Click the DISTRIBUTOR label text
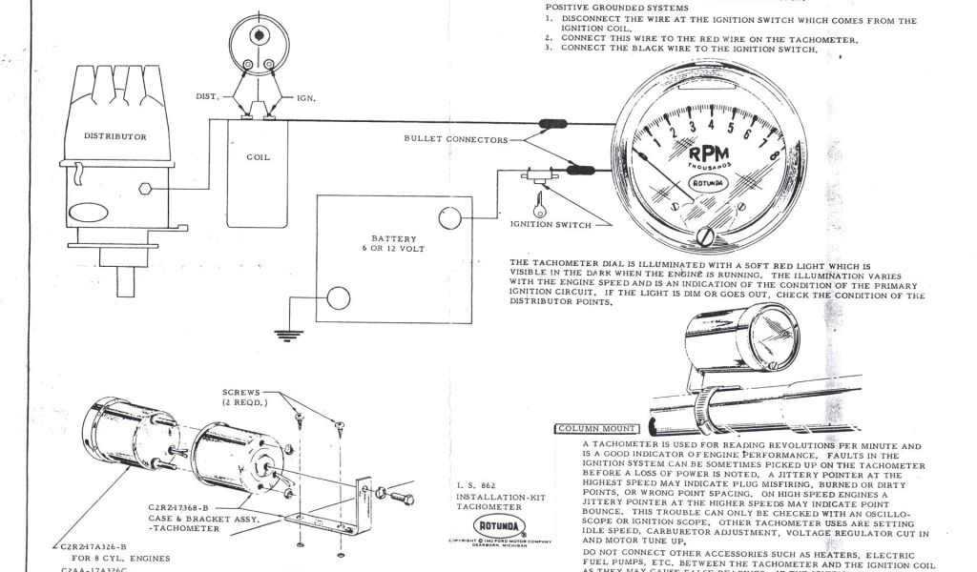click(x=115, y=136)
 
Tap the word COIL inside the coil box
click(x=259, y=157)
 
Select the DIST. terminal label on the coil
click(x=208, y=96)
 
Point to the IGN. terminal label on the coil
click(x=306, y=98)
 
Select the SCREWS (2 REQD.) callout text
click(x=247, y=397)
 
